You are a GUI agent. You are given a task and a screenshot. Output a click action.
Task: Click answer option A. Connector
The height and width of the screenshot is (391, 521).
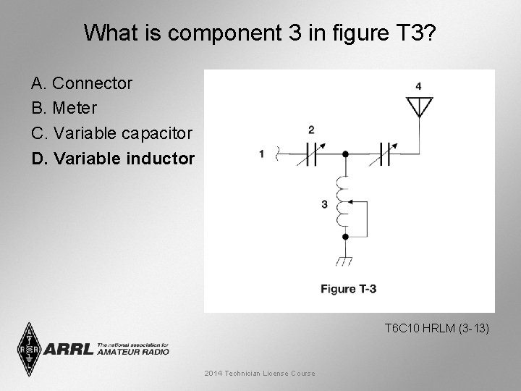[x=82, y=83]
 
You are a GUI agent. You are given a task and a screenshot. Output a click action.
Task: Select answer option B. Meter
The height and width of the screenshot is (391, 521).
[x=64, y=108]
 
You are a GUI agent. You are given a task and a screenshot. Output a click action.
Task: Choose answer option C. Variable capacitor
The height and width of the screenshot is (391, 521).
[x=111, y=133]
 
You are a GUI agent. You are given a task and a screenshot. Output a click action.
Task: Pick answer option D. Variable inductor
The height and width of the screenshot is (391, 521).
[x=113, y=157]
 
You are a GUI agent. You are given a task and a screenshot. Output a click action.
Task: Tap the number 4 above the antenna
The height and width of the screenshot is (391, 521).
[x=418, y=87]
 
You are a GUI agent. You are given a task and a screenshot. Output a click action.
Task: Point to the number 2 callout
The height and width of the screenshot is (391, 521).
[x=311, y=130]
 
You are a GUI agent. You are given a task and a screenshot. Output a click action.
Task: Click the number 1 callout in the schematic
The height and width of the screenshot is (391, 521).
[x=260, y=154]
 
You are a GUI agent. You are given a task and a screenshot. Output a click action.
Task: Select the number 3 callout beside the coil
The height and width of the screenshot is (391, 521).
[x=325, y=205]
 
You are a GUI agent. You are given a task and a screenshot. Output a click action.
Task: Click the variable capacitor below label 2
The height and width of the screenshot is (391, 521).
[x=312, y=154]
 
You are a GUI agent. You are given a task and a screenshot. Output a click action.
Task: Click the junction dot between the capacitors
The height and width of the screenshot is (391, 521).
[x=345, y=154]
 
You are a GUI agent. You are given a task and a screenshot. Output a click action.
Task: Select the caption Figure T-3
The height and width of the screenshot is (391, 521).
[x=348, y=289]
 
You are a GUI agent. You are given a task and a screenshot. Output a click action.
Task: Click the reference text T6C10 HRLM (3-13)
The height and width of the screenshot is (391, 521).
[x=437, y=329]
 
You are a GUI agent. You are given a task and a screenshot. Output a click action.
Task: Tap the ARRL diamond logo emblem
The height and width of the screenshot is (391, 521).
[x=29, y=349]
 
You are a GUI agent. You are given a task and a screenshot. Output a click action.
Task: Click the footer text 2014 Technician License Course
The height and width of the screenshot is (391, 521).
[x=260, y=373]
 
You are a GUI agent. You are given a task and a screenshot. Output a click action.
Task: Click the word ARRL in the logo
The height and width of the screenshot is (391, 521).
[x=69, y=349]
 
